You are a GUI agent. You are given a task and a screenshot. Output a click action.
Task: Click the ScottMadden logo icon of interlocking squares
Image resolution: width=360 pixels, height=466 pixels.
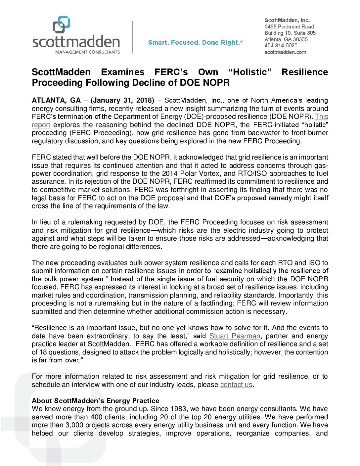[61, 25]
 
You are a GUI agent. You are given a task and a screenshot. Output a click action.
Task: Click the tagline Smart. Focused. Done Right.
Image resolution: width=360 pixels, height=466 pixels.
[195, 43]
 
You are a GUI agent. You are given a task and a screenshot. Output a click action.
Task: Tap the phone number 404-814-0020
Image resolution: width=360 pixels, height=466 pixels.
[281, 46]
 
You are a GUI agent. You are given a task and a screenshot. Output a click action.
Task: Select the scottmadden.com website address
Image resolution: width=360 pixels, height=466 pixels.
[285, 52]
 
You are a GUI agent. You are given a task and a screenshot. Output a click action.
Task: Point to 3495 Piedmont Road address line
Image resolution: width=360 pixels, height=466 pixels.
[289, 27]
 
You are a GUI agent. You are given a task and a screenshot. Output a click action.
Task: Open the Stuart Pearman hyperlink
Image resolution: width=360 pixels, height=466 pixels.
[235, 336]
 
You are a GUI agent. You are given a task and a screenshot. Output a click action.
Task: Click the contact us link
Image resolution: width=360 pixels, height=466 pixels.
[236, 385]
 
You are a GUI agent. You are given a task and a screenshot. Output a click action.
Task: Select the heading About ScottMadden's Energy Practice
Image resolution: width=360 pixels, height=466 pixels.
[95, 401]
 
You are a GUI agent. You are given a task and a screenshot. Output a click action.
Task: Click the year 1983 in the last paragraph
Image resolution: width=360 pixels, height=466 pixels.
[178, 409]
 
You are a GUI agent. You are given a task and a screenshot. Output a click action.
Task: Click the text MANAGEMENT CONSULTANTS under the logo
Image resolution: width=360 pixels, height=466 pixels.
[87, 52]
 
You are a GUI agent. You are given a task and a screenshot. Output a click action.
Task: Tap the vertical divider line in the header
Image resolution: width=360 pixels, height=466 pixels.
[132, 37]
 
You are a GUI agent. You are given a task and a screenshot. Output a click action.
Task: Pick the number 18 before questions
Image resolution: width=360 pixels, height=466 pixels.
[43, 352]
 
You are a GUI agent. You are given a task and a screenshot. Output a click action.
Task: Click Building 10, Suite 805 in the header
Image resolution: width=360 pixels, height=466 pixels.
[290, 33]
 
